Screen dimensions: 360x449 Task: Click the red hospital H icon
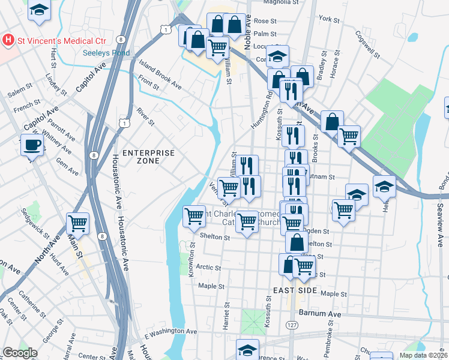8,41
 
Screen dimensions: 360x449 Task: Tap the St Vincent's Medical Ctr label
61,41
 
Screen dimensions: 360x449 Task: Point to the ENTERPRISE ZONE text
148,157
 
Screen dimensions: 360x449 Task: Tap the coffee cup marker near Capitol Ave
32,145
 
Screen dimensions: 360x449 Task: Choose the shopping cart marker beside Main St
78,224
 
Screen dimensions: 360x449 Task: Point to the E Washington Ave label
170,331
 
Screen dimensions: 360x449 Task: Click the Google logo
20,353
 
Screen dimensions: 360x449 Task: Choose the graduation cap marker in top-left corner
40,11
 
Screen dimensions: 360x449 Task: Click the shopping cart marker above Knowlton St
194,215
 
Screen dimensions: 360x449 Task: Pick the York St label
330,19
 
